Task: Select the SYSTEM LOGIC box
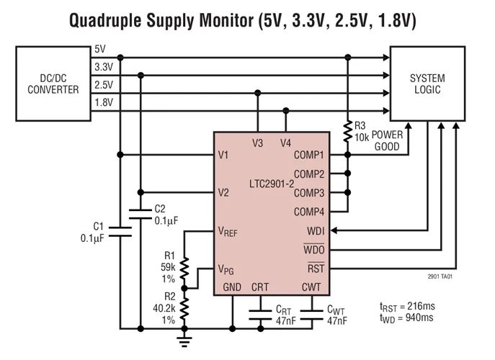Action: coord(427,84)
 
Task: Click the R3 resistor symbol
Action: coord(349,131)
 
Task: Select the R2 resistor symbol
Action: coord(184,306)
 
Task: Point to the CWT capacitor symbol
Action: coord(312,313)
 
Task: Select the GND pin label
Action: coord(232,287)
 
